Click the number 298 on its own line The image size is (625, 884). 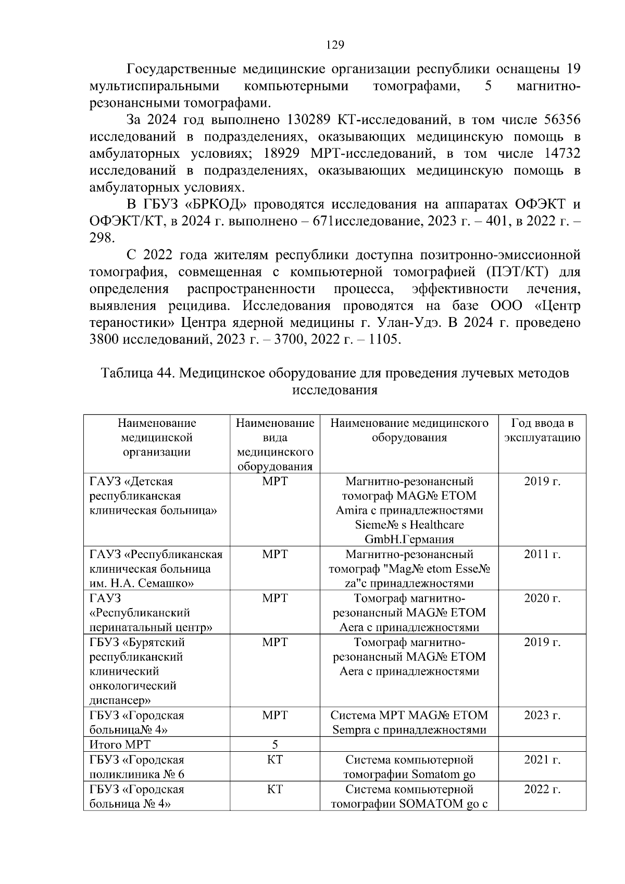click(102, 238)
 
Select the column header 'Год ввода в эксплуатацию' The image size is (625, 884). click(542, 430)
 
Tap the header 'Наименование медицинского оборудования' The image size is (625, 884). click(409, 430)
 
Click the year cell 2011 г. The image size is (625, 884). click(542, 554)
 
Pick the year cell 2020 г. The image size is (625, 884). click(542, 599)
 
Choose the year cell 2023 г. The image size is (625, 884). click(542, 716)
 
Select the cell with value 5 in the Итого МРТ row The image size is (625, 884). click(275, 745)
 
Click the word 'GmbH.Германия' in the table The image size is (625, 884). click(409, 539)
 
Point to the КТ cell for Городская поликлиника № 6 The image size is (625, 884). click(275, 760)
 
